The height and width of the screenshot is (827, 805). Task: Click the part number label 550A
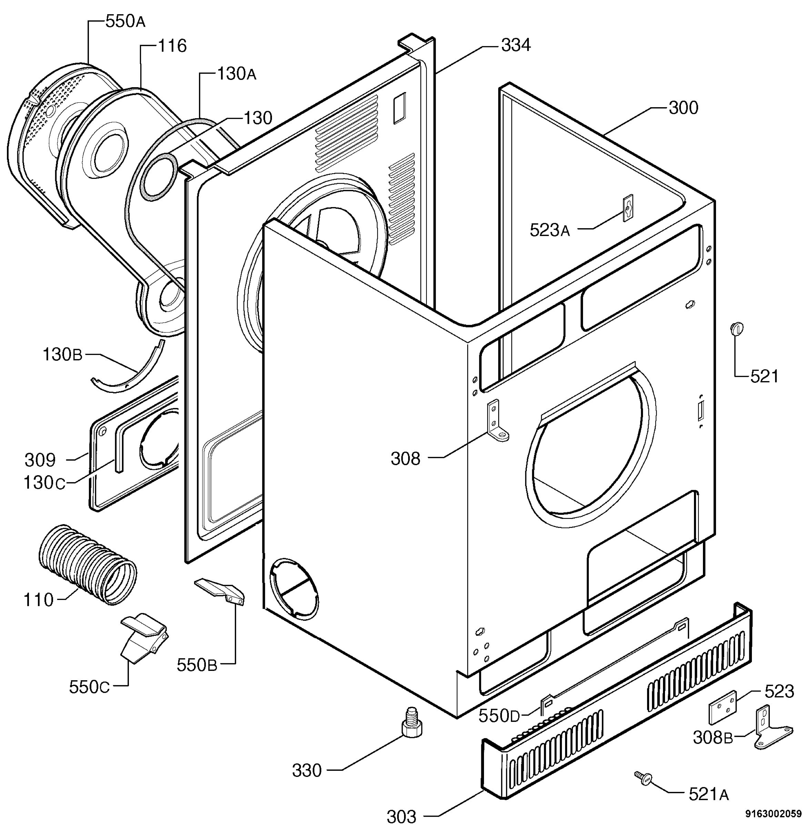[x=125, y=22]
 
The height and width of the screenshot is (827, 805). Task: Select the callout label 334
[x=516, y=45]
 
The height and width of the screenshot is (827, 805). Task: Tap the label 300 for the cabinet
[x=683, y=108]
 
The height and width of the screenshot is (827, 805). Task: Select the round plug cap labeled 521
[x=737, y=328]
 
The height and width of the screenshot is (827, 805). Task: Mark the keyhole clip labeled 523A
[x=628, y=208]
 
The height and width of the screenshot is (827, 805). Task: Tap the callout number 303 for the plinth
[x=401, y=816]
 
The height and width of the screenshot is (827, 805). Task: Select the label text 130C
[x=44, y=483]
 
